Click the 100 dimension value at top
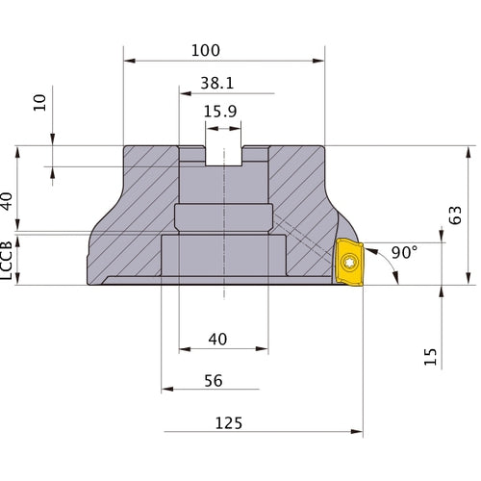point(206,50)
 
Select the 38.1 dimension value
point(217,83)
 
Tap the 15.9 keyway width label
point(220,112)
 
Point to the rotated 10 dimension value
point(39,103)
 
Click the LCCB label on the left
point(7,261)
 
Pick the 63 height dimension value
point(455,215)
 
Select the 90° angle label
point(405,252)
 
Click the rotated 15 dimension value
point(430,357)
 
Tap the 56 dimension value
point(214,381)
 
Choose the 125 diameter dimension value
point(229,423)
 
